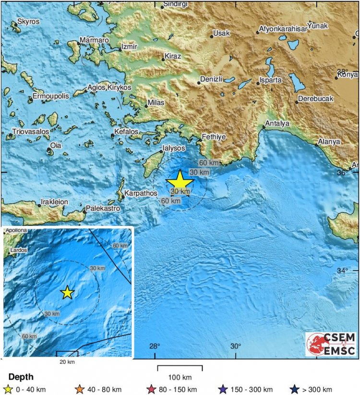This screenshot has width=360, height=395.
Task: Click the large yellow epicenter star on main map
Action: tap(180, 182)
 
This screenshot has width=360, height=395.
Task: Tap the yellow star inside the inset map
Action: tap(67, 292)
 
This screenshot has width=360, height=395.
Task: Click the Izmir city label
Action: tap(130, 46)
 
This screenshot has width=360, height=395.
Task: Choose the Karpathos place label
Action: tap(140, 194)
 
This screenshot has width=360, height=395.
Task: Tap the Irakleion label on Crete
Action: tap(54, 202)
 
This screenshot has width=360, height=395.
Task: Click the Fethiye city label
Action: tap(213, 137)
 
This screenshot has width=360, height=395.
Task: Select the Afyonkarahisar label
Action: tap(283, 29)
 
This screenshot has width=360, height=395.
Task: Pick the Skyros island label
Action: tap(28, 22)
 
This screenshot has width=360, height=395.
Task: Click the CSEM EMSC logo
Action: tap(331, 344)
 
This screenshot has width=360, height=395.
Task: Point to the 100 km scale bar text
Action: tap(180, 377)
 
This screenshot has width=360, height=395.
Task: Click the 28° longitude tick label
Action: tap(155, 346)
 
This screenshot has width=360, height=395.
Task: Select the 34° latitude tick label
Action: tap(342, 271)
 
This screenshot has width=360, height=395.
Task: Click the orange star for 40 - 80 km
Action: tap(80, 389)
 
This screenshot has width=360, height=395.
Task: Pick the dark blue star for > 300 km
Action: tap(295, 389)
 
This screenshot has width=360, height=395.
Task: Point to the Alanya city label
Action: tap(329, 142)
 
